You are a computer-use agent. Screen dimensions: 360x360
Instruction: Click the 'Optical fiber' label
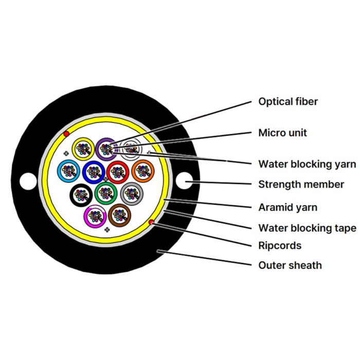coord(288,101)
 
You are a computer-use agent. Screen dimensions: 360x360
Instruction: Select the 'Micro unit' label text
coord(282,133)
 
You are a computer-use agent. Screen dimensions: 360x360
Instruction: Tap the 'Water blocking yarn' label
coord(307,164)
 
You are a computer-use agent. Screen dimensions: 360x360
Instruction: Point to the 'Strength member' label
coord(301,184)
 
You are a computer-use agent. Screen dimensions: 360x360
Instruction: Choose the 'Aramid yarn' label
coord(287,207)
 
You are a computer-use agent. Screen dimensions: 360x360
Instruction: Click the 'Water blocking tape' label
coord(307,228)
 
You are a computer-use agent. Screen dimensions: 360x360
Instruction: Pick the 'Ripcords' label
coord(280,245)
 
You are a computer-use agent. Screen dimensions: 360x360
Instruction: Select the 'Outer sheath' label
coord(290,265)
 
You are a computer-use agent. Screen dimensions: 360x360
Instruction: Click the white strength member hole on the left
coord(28,181)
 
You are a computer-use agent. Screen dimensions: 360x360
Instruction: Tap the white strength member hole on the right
coord(184,181)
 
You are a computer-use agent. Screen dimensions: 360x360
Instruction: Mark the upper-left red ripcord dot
coord(66,134)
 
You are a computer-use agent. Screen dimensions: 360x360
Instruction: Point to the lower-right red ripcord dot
coord(151,222)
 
